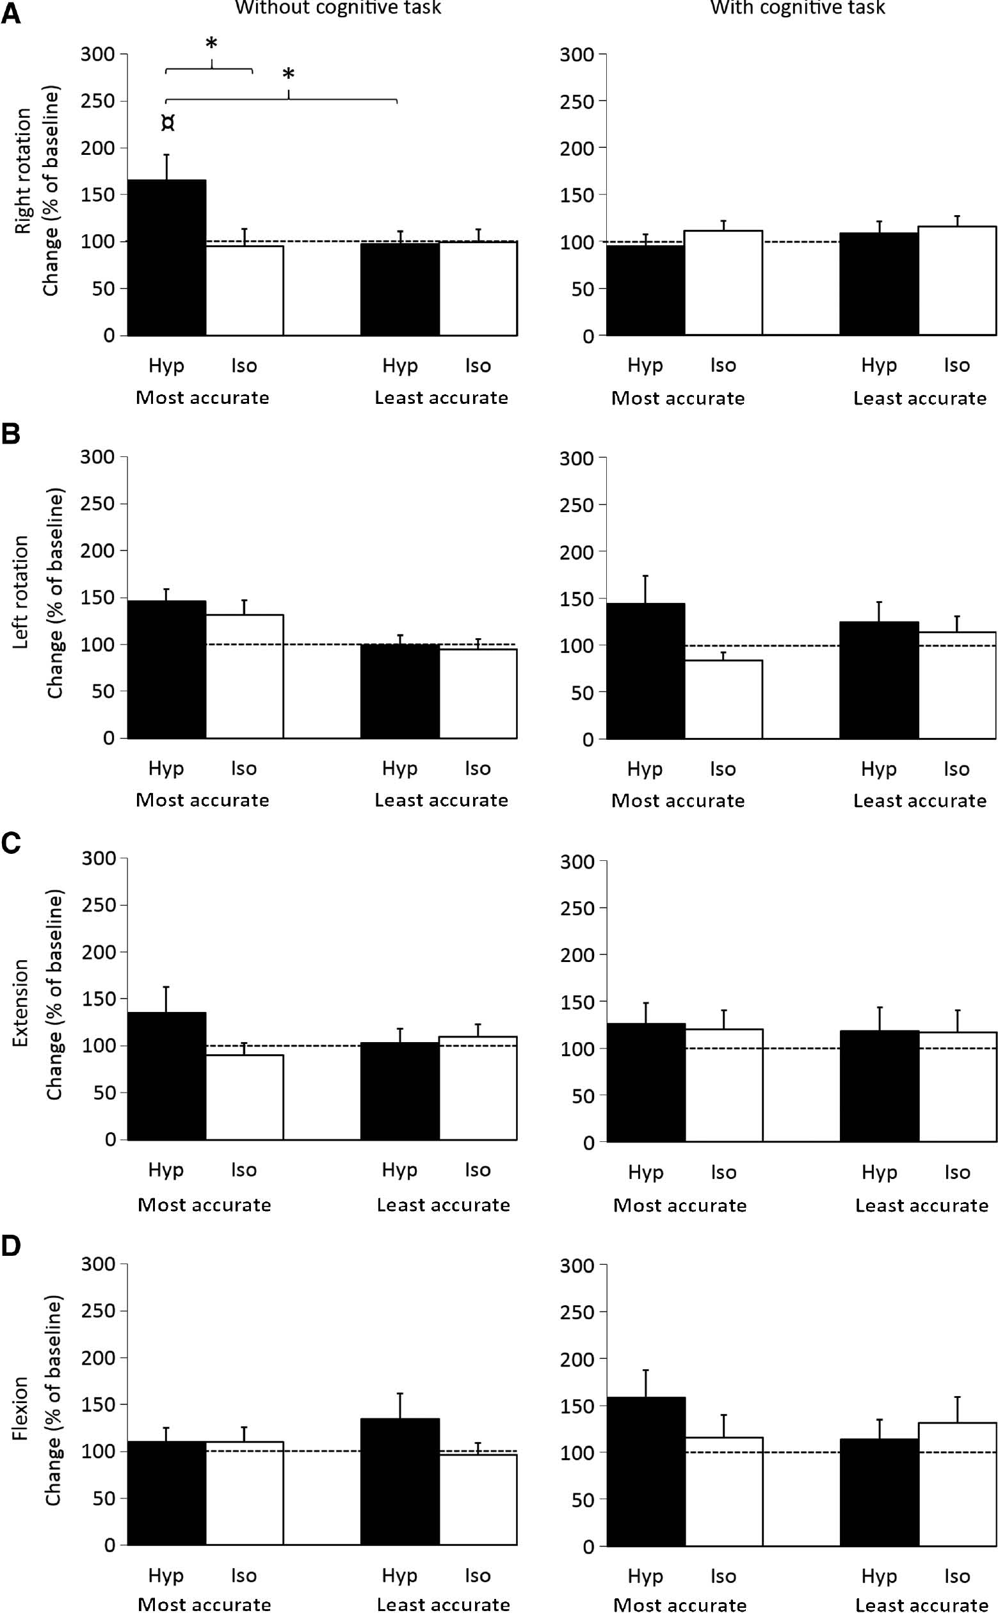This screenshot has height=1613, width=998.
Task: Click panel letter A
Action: coord(12,14)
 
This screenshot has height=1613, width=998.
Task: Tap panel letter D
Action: coord(12,1246)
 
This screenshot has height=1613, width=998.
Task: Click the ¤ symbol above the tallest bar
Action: coord(168,124)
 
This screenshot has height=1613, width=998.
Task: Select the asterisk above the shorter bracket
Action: coord(211,44)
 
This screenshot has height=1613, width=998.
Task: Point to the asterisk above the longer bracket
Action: coord(288,75)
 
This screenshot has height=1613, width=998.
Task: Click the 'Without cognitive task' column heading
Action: coord(338,8)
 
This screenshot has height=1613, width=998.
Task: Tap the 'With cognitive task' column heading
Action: coord(798,8)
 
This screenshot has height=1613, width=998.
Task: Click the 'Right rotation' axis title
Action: coord(23,171)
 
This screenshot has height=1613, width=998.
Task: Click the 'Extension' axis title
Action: coord(20,1002)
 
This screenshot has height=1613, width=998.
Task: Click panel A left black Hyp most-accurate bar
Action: coord(167,257)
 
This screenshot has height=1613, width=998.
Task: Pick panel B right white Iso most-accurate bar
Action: coord(723,699)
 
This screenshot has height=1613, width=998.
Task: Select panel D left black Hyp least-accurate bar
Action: coord(400,1481)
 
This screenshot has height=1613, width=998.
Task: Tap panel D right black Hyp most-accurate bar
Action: coord(645,1471)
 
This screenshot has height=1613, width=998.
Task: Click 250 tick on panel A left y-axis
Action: coord(98,101)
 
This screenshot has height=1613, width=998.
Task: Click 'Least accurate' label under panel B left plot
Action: coord(442,801)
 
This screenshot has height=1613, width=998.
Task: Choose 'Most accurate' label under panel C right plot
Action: coord(680,1205)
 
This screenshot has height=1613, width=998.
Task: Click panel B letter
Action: coord(12,435)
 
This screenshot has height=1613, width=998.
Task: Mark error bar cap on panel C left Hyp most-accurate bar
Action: coord(167,988)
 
